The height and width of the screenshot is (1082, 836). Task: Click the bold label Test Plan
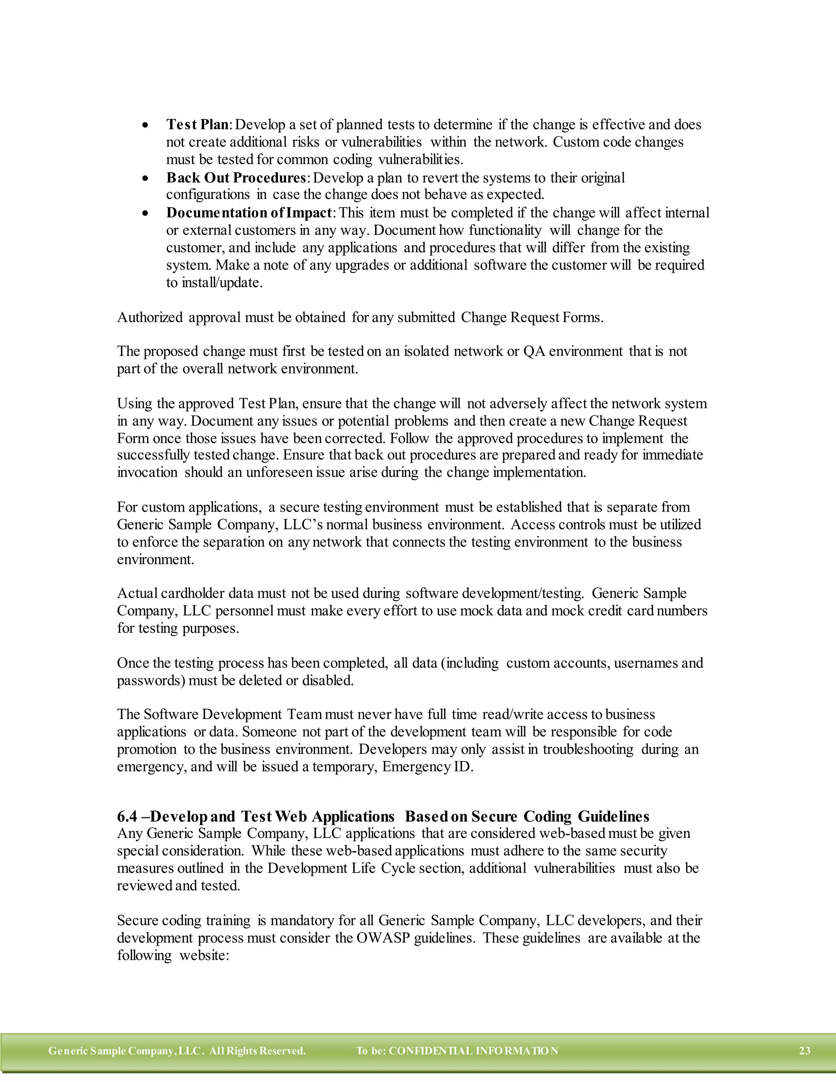tap(197, 125)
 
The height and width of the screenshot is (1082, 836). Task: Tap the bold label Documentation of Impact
tap(249, 213)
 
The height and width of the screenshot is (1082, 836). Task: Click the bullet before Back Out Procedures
tap(145, 178)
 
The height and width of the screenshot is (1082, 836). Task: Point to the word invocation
tap(147, 472)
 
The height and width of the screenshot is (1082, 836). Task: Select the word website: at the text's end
tap(204, 955)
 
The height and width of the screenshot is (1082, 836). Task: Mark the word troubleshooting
tap(588, 749)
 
